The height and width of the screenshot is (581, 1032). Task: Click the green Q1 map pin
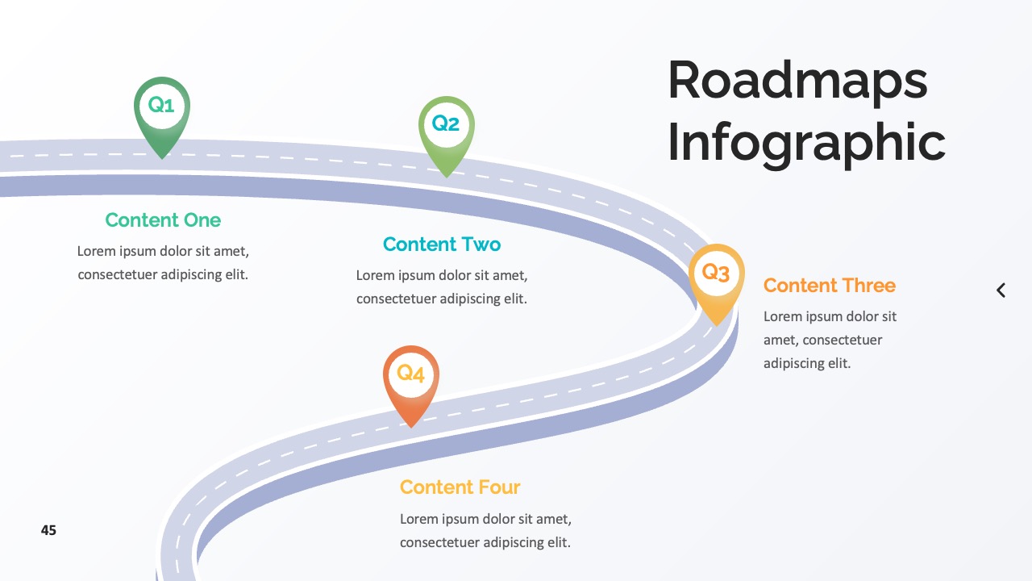pos(162,115)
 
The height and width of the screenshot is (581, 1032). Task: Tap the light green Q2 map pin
pos(447,135)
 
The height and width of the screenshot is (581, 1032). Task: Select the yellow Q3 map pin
pos(717,282)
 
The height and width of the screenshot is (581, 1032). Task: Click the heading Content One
pos(163,220)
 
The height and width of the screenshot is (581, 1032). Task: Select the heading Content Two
pos(442,245)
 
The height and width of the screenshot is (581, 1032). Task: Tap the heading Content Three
pos(830,286)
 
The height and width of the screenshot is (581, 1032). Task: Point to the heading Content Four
pos(460,487)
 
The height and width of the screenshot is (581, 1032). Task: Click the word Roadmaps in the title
pos(797,82)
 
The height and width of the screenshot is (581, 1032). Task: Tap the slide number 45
pos(48,530)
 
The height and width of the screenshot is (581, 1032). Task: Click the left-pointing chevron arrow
pos(1001,290)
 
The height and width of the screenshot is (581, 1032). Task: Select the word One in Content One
pos(202,220)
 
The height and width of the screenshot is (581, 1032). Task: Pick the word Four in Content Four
pos(499,487)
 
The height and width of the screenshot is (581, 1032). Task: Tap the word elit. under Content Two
pos(515,299)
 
